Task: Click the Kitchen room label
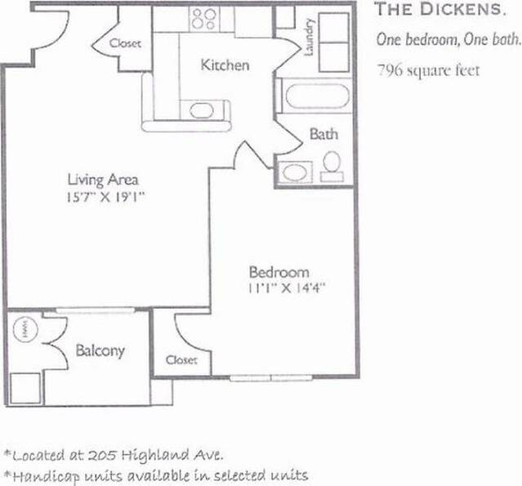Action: coord(225,65)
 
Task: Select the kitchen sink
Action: coord(200,111)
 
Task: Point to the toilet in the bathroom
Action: coord(332,167)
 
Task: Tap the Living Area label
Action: coord(101,179)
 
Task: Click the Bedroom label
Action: coord(279,272)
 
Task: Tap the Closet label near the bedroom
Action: coord(181,359)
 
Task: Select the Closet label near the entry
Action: coord(125,42)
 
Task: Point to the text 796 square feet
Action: coord(428,69)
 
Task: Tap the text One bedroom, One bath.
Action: coord(447,40)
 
